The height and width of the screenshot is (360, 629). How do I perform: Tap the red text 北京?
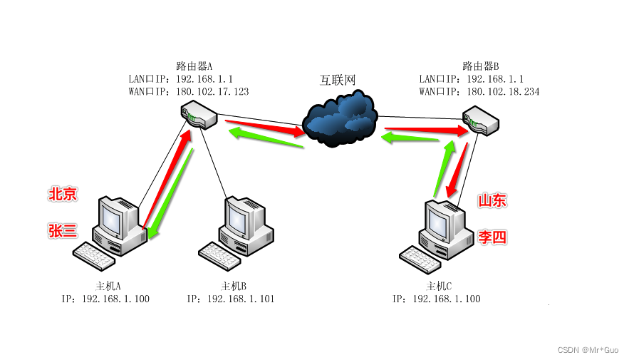(x=63, y=194)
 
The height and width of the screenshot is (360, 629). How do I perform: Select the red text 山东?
(x=492, y=201)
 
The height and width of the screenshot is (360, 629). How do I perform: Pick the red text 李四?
(x=492, y=237)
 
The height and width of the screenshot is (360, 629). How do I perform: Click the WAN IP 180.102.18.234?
(x=503, y=92)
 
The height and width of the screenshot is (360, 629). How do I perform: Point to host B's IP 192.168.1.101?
(x=241, y=299)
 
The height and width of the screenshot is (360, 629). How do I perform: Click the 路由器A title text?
(x=194, y=66)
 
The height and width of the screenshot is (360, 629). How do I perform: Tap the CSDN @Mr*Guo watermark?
(x=588, y=350)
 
